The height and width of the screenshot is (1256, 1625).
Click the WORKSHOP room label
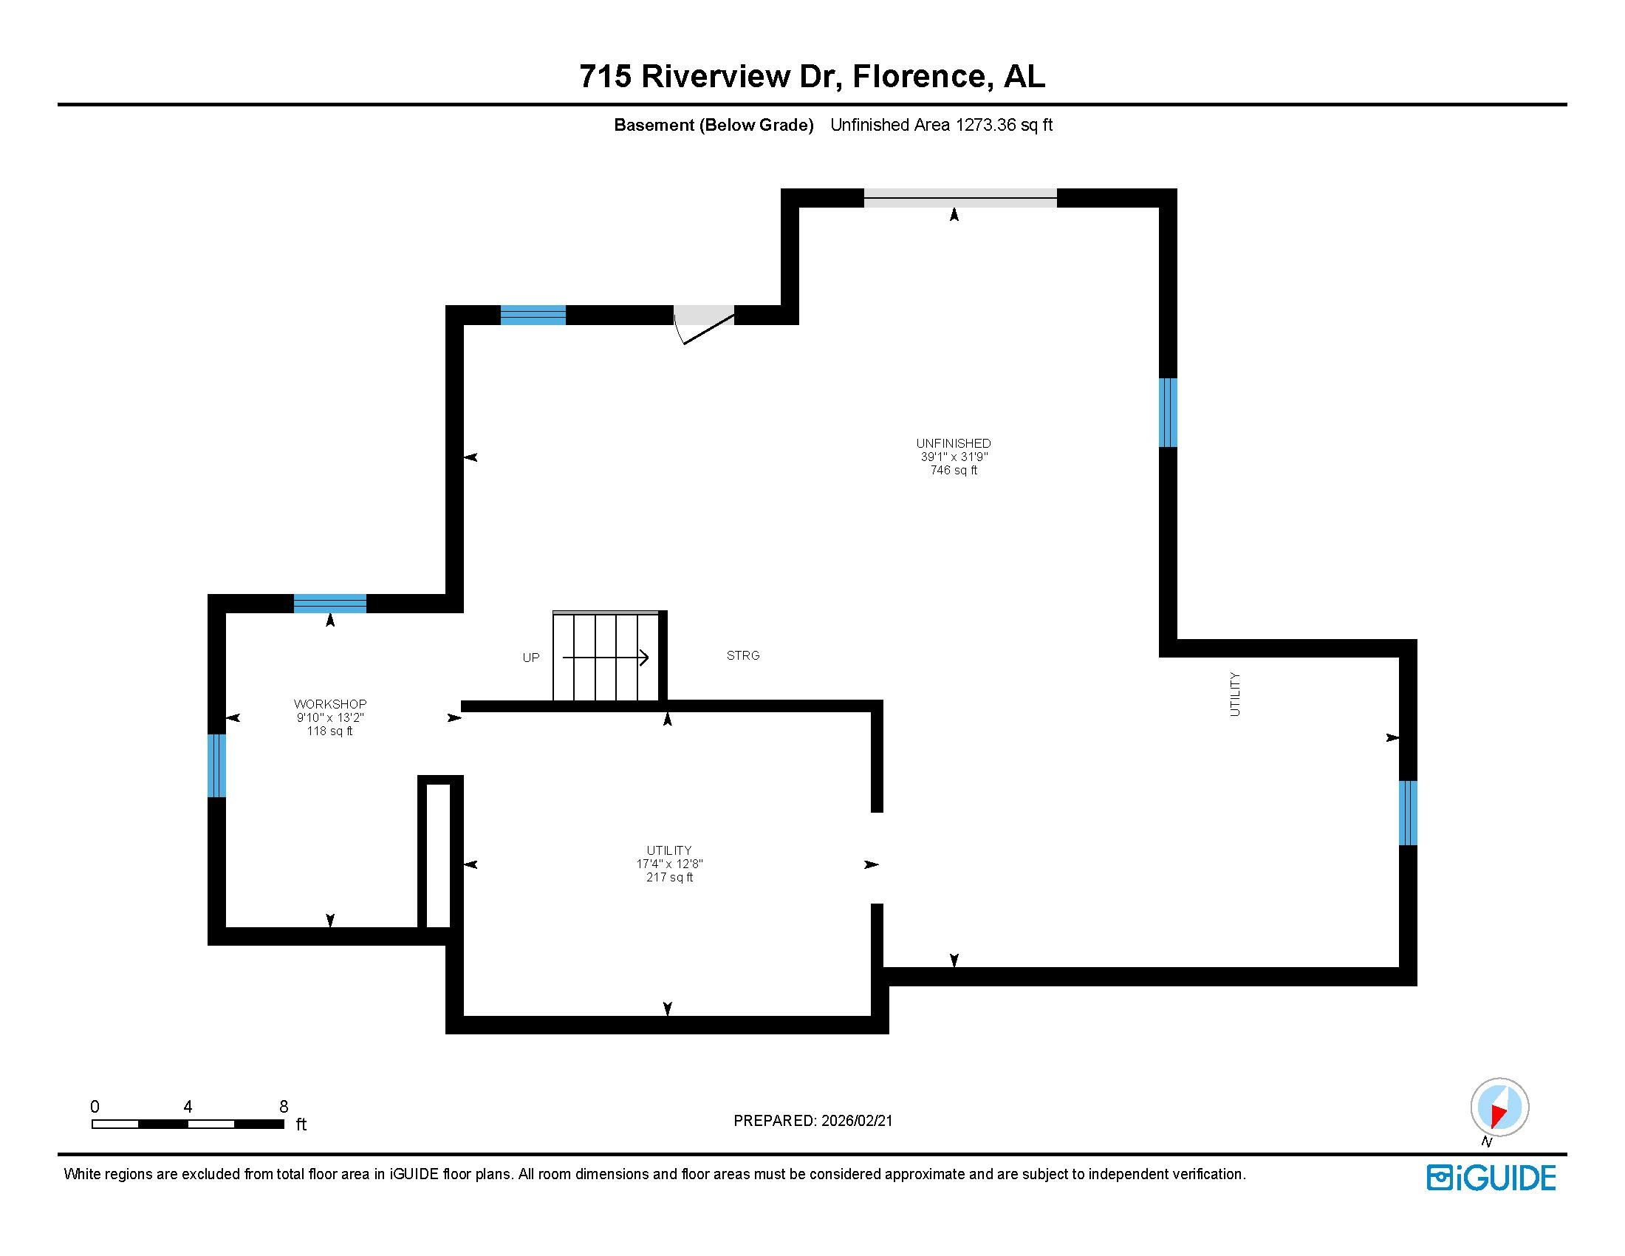tap(329, 704)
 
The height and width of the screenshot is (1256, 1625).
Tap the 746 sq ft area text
tap(953, 470)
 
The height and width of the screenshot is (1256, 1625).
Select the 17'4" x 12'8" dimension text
tap(669, 864)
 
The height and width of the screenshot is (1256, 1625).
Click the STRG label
tap(742, 655)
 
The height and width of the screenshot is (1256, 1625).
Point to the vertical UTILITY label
tap(1235, 694)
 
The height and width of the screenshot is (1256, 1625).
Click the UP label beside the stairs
tap(530, 658)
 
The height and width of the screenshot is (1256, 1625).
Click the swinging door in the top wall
tap(703, 324)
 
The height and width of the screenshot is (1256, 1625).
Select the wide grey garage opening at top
tap(959, 198)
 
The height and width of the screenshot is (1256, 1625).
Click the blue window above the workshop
tap(329, 604)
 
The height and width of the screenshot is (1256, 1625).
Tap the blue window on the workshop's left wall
tap(216, 765)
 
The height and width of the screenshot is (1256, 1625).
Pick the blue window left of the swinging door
tap(533, 315)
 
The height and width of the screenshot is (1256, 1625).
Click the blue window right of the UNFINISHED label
tap(1169, 412)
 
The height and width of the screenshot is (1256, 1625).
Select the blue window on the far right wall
tap(1408, 813)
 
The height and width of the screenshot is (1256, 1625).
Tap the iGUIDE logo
tap(1491, 1178)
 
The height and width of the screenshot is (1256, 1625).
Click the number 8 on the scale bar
tap(284, 1107)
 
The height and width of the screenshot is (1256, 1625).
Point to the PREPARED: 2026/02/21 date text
tap(812, 1121)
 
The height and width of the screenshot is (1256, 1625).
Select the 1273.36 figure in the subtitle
tap(986, 125)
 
